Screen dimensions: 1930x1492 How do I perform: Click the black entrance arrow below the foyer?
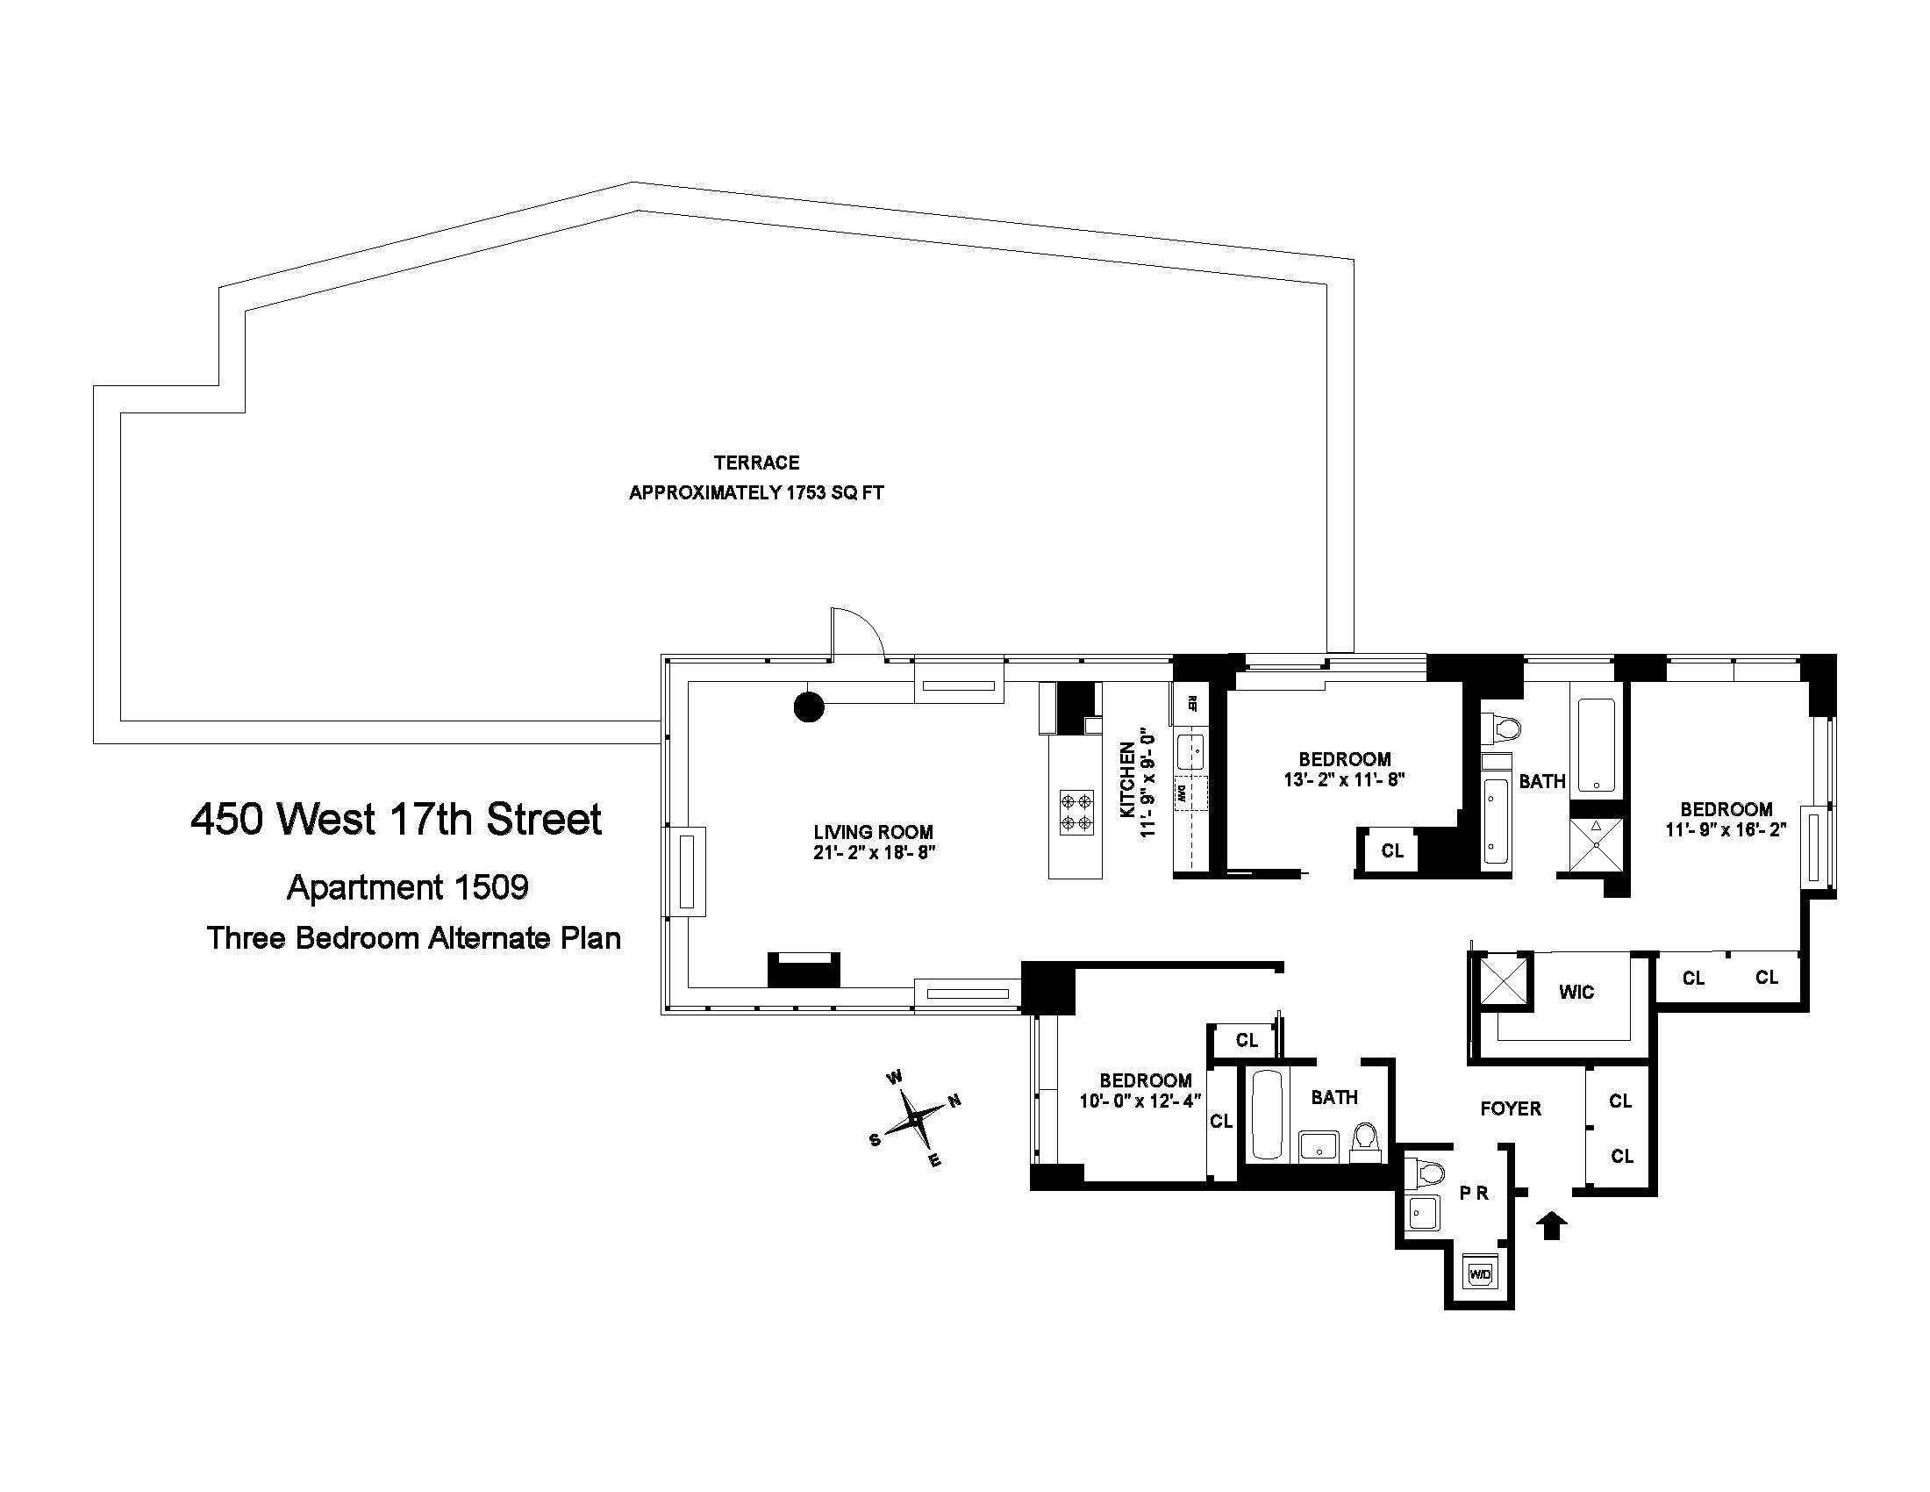tap(1552, 1226)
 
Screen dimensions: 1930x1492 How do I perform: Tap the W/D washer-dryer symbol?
tap(1479, 1274)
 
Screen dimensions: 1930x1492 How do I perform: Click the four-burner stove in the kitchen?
tap(1076, 813)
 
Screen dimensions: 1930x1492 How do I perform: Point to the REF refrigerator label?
tap(1191, 704)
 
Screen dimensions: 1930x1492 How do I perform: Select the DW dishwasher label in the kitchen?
tap(1180, 793)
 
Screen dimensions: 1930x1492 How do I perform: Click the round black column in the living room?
tap(809, 707)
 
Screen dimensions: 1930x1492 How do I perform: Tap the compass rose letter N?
tap(954, 1101)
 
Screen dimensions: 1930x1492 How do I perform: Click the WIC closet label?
tap(1576, 992)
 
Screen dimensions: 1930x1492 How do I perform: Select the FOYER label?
tap(1511, 1108)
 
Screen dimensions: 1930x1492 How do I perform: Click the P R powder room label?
tap(1474, 1194)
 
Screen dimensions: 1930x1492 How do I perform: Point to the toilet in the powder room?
tap(1426, 1173)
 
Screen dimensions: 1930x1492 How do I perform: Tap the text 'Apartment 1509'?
tap(407, 886)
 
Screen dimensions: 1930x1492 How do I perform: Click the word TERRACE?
tap(756, 463)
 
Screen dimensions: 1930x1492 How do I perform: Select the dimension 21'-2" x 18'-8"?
tap(874, 853)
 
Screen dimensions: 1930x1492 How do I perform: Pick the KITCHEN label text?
tap(1127, 779)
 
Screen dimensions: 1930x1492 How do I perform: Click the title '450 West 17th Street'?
tap(396, 820)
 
